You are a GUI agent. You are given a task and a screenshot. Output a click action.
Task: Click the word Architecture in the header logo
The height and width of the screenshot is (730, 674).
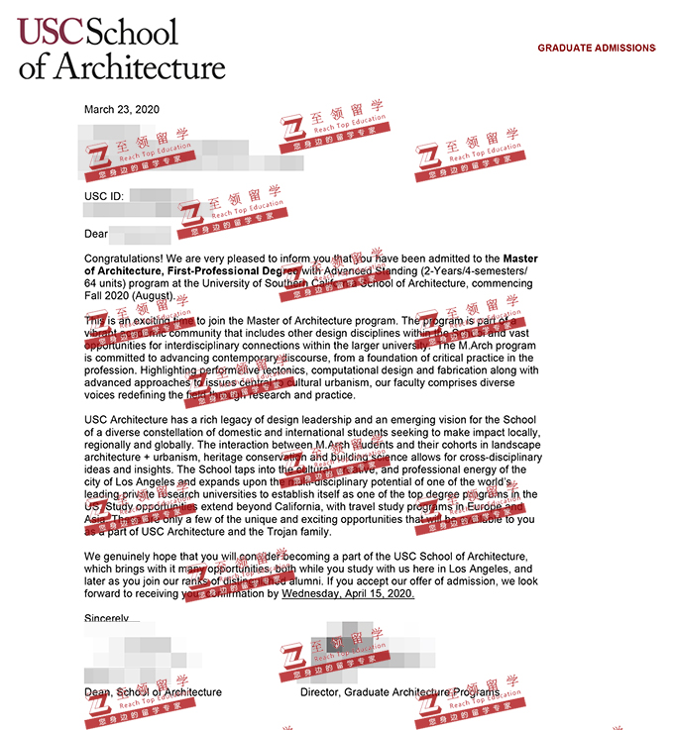[x=139, y=66]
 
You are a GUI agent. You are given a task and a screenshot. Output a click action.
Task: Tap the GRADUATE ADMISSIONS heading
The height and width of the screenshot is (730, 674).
[x=596, y=48]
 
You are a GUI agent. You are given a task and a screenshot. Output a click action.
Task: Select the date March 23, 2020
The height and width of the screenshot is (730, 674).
[x=122, y=109]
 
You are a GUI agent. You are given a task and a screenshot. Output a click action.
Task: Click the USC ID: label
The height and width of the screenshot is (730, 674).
[x=104, y=196]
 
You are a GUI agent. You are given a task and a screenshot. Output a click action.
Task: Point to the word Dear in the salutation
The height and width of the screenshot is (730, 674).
[x=96, y=234]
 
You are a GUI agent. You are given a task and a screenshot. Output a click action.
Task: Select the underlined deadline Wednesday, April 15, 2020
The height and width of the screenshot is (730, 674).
[x=348, y=594]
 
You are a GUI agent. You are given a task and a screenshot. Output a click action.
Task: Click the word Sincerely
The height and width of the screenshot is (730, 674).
[x=107, y=617]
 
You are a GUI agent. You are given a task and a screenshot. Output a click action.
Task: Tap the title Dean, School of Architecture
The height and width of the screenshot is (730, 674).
[x=154, y=691]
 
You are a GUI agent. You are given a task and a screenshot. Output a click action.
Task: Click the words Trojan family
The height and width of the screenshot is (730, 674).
[x=299, y=531]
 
